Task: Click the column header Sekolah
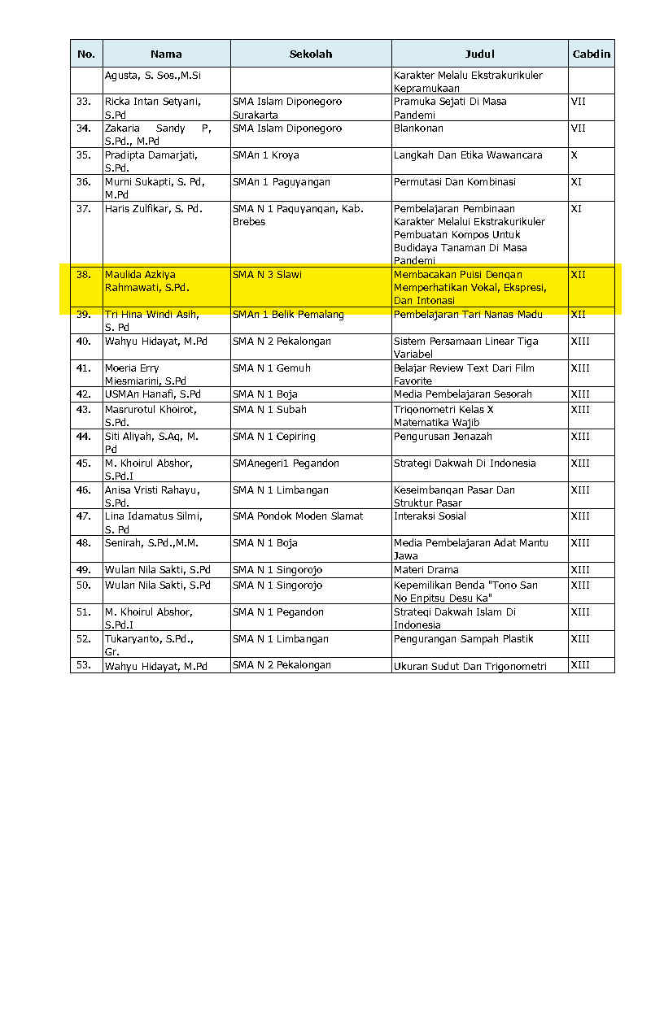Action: pos(311,54)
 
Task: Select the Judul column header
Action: pos(479,54)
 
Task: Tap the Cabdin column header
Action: pos(591,54)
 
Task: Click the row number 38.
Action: pos(83,275)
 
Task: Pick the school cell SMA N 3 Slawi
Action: pos(267,275)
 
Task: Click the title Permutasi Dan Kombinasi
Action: pos(454,182)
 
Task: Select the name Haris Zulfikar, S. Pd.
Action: pos(153,209)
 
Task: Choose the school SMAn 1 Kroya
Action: pos(265,155)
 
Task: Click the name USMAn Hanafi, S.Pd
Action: pos(153,394)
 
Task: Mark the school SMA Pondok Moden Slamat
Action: pos(298,516)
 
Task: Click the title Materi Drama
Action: pos(426,570)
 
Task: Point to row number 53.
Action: pos(83,666)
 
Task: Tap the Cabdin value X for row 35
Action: pos(574,155)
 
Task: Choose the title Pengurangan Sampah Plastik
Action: pos(463,639)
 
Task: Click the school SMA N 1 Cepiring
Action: pos(273,437)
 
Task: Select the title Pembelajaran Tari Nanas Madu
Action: pos(468,315)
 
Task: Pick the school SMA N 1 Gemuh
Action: pos(271,368)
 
